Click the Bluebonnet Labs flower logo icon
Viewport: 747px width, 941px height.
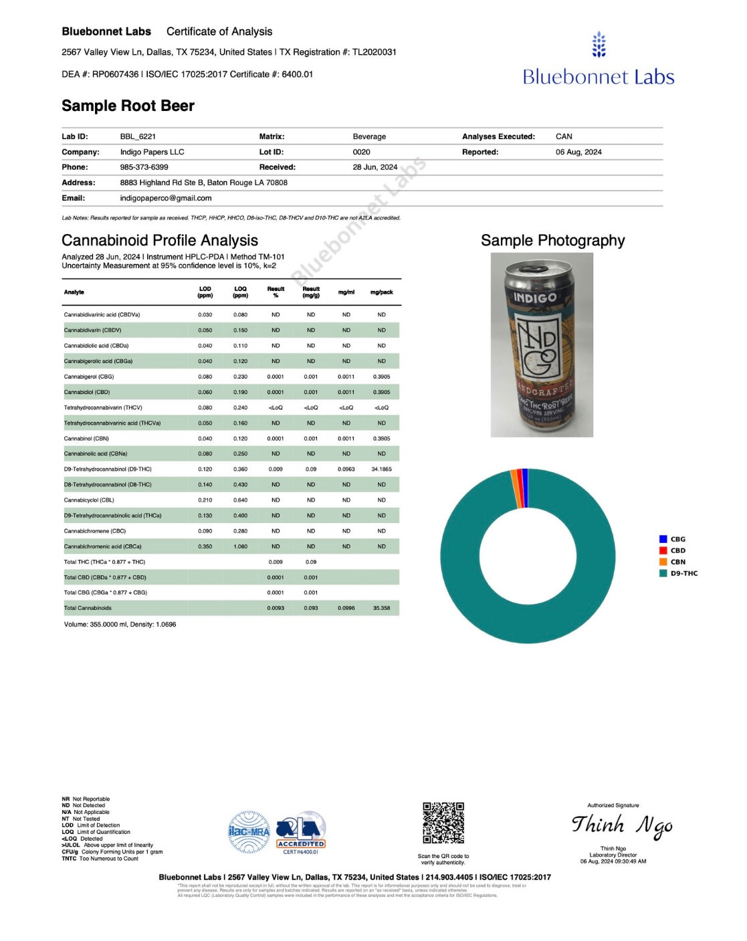[599, 44]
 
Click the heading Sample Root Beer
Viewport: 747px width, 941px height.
[128, 106]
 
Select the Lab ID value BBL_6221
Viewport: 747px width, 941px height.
[138, 136]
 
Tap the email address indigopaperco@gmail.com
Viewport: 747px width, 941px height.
[166, 198]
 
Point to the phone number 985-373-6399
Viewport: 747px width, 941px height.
[144, 167]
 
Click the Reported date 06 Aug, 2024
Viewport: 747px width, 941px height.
[578, 152]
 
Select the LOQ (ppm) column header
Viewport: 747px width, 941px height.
[240, 292]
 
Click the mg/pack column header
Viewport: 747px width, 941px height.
[381, 292]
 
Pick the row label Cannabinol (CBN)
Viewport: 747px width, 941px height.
[86, 439]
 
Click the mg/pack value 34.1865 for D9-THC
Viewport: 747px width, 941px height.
[381, 469]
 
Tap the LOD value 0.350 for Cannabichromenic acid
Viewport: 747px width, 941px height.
[205, 546]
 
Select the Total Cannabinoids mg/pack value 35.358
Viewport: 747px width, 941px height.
[381, 608]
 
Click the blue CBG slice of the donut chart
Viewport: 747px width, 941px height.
[525, 479]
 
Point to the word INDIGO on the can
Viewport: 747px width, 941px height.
[535, 297]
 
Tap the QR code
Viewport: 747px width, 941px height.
[443, 823]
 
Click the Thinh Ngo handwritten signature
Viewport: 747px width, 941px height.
[621, 826]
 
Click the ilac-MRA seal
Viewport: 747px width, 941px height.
[249, 831]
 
